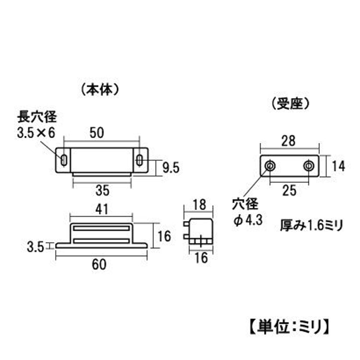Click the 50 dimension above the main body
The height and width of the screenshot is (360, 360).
(97, 133)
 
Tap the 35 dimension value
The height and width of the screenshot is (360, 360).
(103, 191)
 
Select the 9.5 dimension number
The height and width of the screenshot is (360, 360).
(171, 167)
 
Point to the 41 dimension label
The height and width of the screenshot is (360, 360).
(102, 209)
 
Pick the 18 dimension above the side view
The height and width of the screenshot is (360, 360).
(199, 205)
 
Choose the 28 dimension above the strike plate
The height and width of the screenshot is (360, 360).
(288, 141)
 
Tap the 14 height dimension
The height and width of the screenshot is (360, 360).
(338, 166)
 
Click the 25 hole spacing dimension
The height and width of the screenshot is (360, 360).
(289, 190)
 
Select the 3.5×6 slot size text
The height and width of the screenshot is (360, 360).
(36, 133)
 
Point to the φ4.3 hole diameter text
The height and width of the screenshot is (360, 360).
(248, 220)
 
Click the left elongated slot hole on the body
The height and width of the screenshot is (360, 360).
(64, 160)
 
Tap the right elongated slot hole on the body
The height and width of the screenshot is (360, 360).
(139, 160)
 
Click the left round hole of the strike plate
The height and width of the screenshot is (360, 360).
(270, 166)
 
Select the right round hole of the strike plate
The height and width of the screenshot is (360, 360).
(309, 166)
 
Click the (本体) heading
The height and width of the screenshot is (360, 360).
(100, 90)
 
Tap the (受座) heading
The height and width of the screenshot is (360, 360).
(290, 104)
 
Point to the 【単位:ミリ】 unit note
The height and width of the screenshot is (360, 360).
(289, 327)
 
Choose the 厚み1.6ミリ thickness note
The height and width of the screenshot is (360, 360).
(311, 225)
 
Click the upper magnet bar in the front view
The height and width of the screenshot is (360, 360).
(101, 228)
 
